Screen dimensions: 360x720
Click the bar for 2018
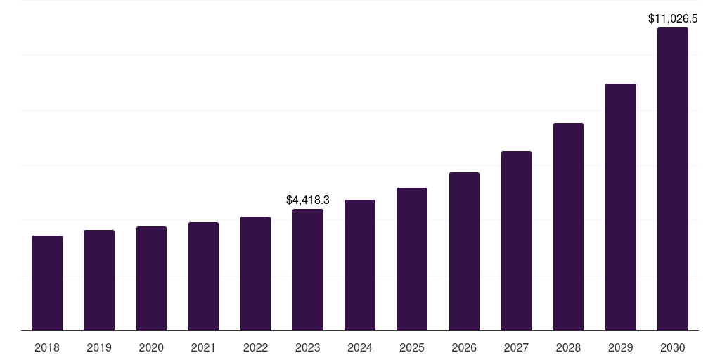coord(47,283)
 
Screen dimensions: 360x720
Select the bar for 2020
coord(151,278)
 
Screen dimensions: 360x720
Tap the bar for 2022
coord(255,274)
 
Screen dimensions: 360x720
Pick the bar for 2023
coord(308,270)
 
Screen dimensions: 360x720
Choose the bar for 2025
coord(412,259)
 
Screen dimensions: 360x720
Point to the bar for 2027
coord(516,241)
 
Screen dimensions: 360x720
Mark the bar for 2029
coord(620,207)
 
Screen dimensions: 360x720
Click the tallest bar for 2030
coord(673,179)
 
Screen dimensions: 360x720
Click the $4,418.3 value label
coord(308,200)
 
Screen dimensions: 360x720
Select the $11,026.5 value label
coord(673,19)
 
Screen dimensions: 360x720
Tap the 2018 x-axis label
coord(47,347)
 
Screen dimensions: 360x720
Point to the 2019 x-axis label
coord(99,347)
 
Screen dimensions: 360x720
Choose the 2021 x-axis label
coord(203,347)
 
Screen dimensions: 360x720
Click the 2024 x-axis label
coord(360,347)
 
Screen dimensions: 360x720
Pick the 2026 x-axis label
coord(464,347)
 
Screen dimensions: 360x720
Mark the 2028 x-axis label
coord(568,347)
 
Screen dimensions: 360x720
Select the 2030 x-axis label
coord(673,347)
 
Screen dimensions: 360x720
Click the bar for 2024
coord(360,265)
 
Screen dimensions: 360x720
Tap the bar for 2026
coord(464,252)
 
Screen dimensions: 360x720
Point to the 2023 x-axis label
coord(308,347)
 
